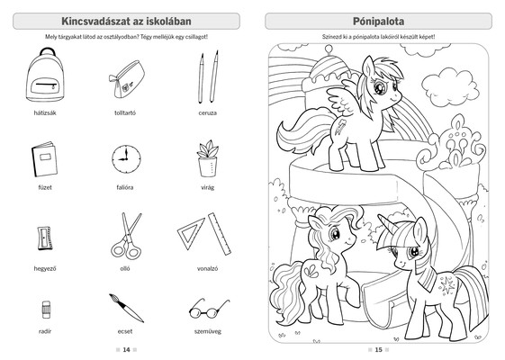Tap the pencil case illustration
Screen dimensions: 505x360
pos(126,79)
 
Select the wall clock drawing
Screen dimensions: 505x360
pos(126,159)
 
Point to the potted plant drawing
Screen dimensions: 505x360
pos(207,158)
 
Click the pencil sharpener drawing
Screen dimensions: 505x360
pos(45,238)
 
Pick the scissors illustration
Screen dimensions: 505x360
pos(126,236)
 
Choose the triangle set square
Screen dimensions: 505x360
pos(191,233)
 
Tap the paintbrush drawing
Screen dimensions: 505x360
pos(126,308)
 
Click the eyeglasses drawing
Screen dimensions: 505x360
pos(209,309)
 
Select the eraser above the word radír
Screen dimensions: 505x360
pos(46,310)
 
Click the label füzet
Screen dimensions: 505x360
pos(45,187)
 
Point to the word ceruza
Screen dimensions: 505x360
pos(207,113)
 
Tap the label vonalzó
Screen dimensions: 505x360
pos(207,268)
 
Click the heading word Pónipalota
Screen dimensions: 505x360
pos(378,22)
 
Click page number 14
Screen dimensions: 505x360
pos(126,350)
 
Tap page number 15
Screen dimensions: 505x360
pos(378,350)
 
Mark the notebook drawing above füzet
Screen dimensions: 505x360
pos(44,159)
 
